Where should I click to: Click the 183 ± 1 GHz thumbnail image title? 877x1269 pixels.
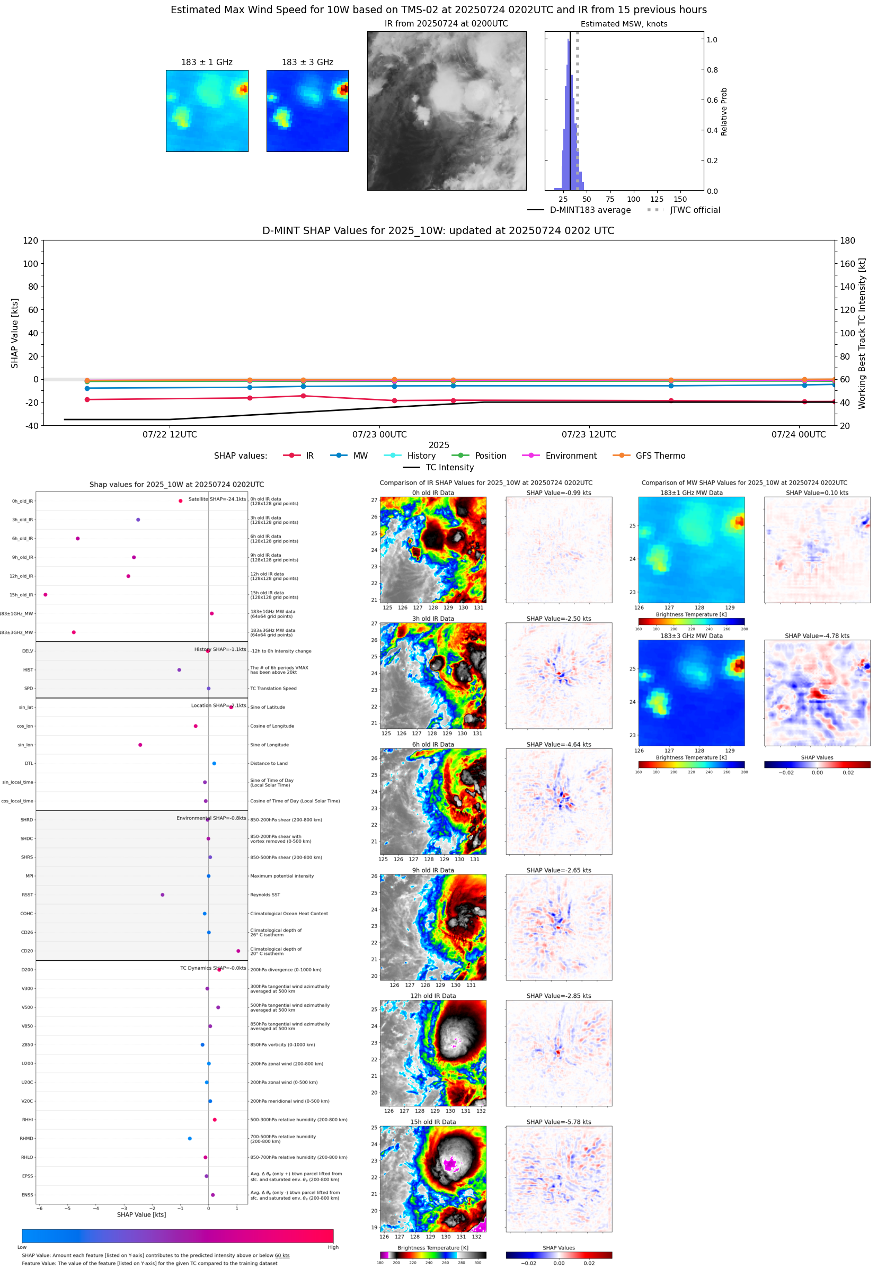point(207,62)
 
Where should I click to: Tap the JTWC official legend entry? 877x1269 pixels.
point(695,210)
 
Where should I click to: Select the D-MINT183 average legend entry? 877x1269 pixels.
point(590,210)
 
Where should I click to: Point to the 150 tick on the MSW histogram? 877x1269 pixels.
point(680,199)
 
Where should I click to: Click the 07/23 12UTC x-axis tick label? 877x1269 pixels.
point(589,434)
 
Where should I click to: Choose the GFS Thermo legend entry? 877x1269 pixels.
point(660,456)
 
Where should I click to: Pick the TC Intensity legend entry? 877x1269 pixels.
point(449,467)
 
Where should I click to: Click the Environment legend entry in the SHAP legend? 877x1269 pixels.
point(570,456)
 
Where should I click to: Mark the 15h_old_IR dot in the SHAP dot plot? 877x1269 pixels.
point(46,595)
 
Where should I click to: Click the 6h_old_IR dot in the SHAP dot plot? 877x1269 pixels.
point(78,539)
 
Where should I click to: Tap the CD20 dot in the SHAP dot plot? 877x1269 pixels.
point(238,951)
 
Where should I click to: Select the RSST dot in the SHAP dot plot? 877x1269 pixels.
point(163,895)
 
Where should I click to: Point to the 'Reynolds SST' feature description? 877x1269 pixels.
point(265,895)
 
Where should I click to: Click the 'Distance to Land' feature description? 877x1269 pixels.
point(269,763)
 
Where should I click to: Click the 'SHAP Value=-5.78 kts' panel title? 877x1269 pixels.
point(559,1122)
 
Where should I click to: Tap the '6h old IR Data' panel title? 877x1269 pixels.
point(433,745)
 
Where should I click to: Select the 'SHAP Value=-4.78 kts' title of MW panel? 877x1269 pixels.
point(817,636)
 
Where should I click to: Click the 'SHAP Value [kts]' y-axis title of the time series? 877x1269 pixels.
point(15,333)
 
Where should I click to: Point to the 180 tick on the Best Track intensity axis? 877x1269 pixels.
point(847,240)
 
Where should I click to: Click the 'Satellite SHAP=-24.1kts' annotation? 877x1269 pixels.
point(217,499)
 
